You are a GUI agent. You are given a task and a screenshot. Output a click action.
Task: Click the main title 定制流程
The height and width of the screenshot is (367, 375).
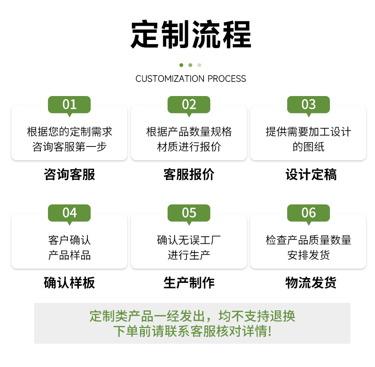(x=191, y=35)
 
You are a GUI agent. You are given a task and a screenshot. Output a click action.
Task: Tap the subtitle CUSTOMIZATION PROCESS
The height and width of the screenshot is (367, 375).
(x=191, y=78)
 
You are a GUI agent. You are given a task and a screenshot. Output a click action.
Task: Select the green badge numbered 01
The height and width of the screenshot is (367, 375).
(x=69, y=104)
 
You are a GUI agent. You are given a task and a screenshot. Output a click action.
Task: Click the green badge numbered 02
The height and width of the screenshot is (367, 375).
(x=189, y=104)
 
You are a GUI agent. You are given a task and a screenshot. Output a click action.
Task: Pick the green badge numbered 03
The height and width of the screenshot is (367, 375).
(x=309, y=104)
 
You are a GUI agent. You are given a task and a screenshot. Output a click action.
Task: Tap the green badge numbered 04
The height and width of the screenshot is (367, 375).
(x=69, y=212)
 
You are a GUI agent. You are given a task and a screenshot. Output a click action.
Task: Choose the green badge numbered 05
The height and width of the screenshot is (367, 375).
(x=189, y=212)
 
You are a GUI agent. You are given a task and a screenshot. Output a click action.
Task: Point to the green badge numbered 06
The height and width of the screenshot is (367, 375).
(x=309, y=212)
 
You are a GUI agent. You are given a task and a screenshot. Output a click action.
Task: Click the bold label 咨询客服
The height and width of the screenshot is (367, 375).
(x=69, y=174)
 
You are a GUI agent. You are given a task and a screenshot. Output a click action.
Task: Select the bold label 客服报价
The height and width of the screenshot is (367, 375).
(x=189, y=174)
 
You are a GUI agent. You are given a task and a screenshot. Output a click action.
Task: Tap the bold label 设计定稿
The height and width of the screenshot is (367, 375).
(x=311, y=174)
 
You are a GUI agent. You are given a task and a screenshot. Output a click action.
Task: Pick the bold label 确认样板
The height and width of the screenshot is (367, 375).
(x=69, y=283)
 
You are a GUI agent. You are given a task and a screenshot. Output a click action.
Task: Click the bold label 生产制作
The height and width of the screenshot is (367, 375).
(x=189, y=283)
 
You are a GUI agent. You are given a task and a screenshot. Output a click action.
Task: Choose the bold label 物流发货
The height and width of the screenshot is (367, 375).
(x=311, y=283)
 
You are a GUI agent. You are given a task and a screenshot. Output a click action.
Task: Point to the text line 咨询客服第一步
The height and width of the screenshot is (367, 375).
(x=69, y=146)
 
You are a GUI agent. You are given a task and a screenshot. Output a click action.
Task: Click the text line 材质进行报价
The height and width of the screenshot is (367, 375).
(x=189, y=146)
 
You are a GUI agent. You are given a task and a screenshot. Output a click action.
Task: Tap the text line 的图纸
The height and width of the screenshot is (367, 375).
(x=309, y=146)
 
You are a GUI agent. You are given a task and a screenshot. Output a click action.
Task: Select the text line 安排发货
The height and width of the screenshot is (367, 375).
(x=309, y=255)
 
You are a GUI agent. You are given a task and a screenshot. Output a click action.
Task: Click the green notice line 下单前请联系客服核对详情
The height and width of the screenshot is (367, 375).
(x=192, y=331)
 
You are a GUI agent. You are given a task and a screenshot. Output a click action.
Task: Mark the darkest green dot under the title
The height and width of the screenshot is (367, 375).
(x=181, y=65)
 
